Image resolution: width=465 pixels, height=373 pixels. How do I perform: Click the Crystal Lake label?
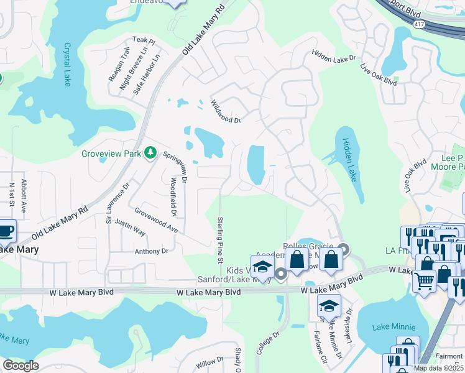(x=67, y=64)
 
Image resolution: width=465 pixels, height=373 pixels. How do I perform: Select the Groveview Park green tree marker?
(x=150, y=152)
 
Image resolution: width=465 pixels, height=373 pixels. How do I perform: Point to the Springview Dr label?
(x=175, y=168)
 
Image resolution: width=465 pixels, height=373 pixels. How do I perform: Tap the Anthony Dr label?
(x=152, y=251)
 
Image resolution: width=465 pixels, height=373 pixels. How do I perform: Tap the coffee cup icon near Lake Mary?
(x=6, y=229)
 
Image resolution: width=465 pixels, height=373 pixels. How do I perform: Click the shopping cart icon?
(x=424, y=281)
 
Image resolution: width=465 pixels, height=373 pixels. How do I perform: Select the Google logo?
(x=21, y=365)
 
